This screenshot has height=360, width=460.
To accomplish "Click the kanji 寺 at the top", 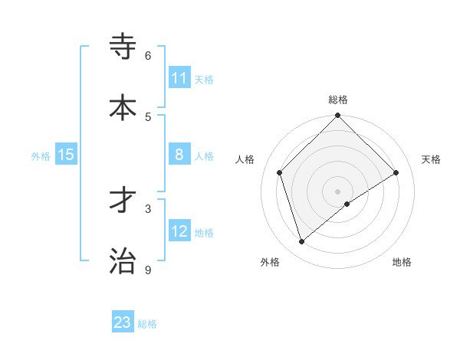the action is pyautogui.click(x=123, y=46).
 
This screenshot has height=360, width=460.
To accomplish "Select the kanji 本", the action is pyautogui.click(x=123, y=107).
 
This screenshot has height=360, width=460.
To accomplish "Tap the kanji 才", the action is pyautogui.click(x=123, y=200).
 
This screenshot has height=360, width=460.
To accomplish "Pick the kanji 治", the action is pyautogui.click(x=123, y=260).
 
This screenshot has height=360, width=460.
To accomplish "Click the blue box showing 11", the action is pyautogui.click(x=179, y=78).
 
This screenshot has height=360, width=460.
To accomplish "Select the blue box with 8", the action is pyautogui.click(x=179, y=155).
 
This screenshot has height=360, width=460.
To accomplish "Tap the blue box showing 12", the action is pyautogui.click(x=179, y=231).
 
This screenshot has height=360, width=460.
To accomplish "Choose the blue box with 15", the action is pyautogui.click(x=66, y=155).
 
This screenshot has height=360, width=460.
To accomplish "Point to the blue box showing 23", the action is pyautogui.click(x=123, y=322).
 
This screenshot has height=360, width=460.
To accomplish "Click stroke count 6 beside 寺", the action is pyautogui.click(x=148, y=56).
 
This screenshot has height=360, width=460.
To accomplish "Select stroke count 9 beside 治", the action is pyautogui.click(x=148, y=270).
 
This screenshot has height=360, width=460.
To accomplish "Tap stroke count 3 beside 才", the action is pyautogui.click(x=148, y=208).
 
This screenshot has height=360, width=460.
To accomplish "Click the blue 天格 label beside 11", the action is pyautogui.click(x=204, y=79).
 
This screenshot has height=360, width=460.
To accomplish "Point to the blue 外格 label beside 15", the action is pyautogui.click(x=41, y=155).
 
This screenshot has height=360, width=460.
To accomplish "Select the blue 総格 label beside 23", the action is pyautogui.click(x=147, y=323).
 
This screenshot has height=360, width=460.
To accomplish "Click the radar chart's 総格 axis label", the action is pyautogui.click(x=338, y=100).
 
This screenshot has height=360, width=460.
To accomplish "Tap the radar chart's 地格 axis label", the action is pyautogui.click(x=402, y=262).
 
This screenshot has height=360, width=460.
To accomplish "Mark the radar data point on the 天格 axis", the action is pyautogui.click(x=396, y=172).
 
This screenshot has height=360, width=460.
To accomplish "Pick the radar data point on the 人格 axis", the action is pyautogui.click(x=280, y=172).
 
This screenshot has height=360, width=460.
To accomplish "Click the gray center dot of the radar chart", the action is pyautogui.click(x=338, y=191).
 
